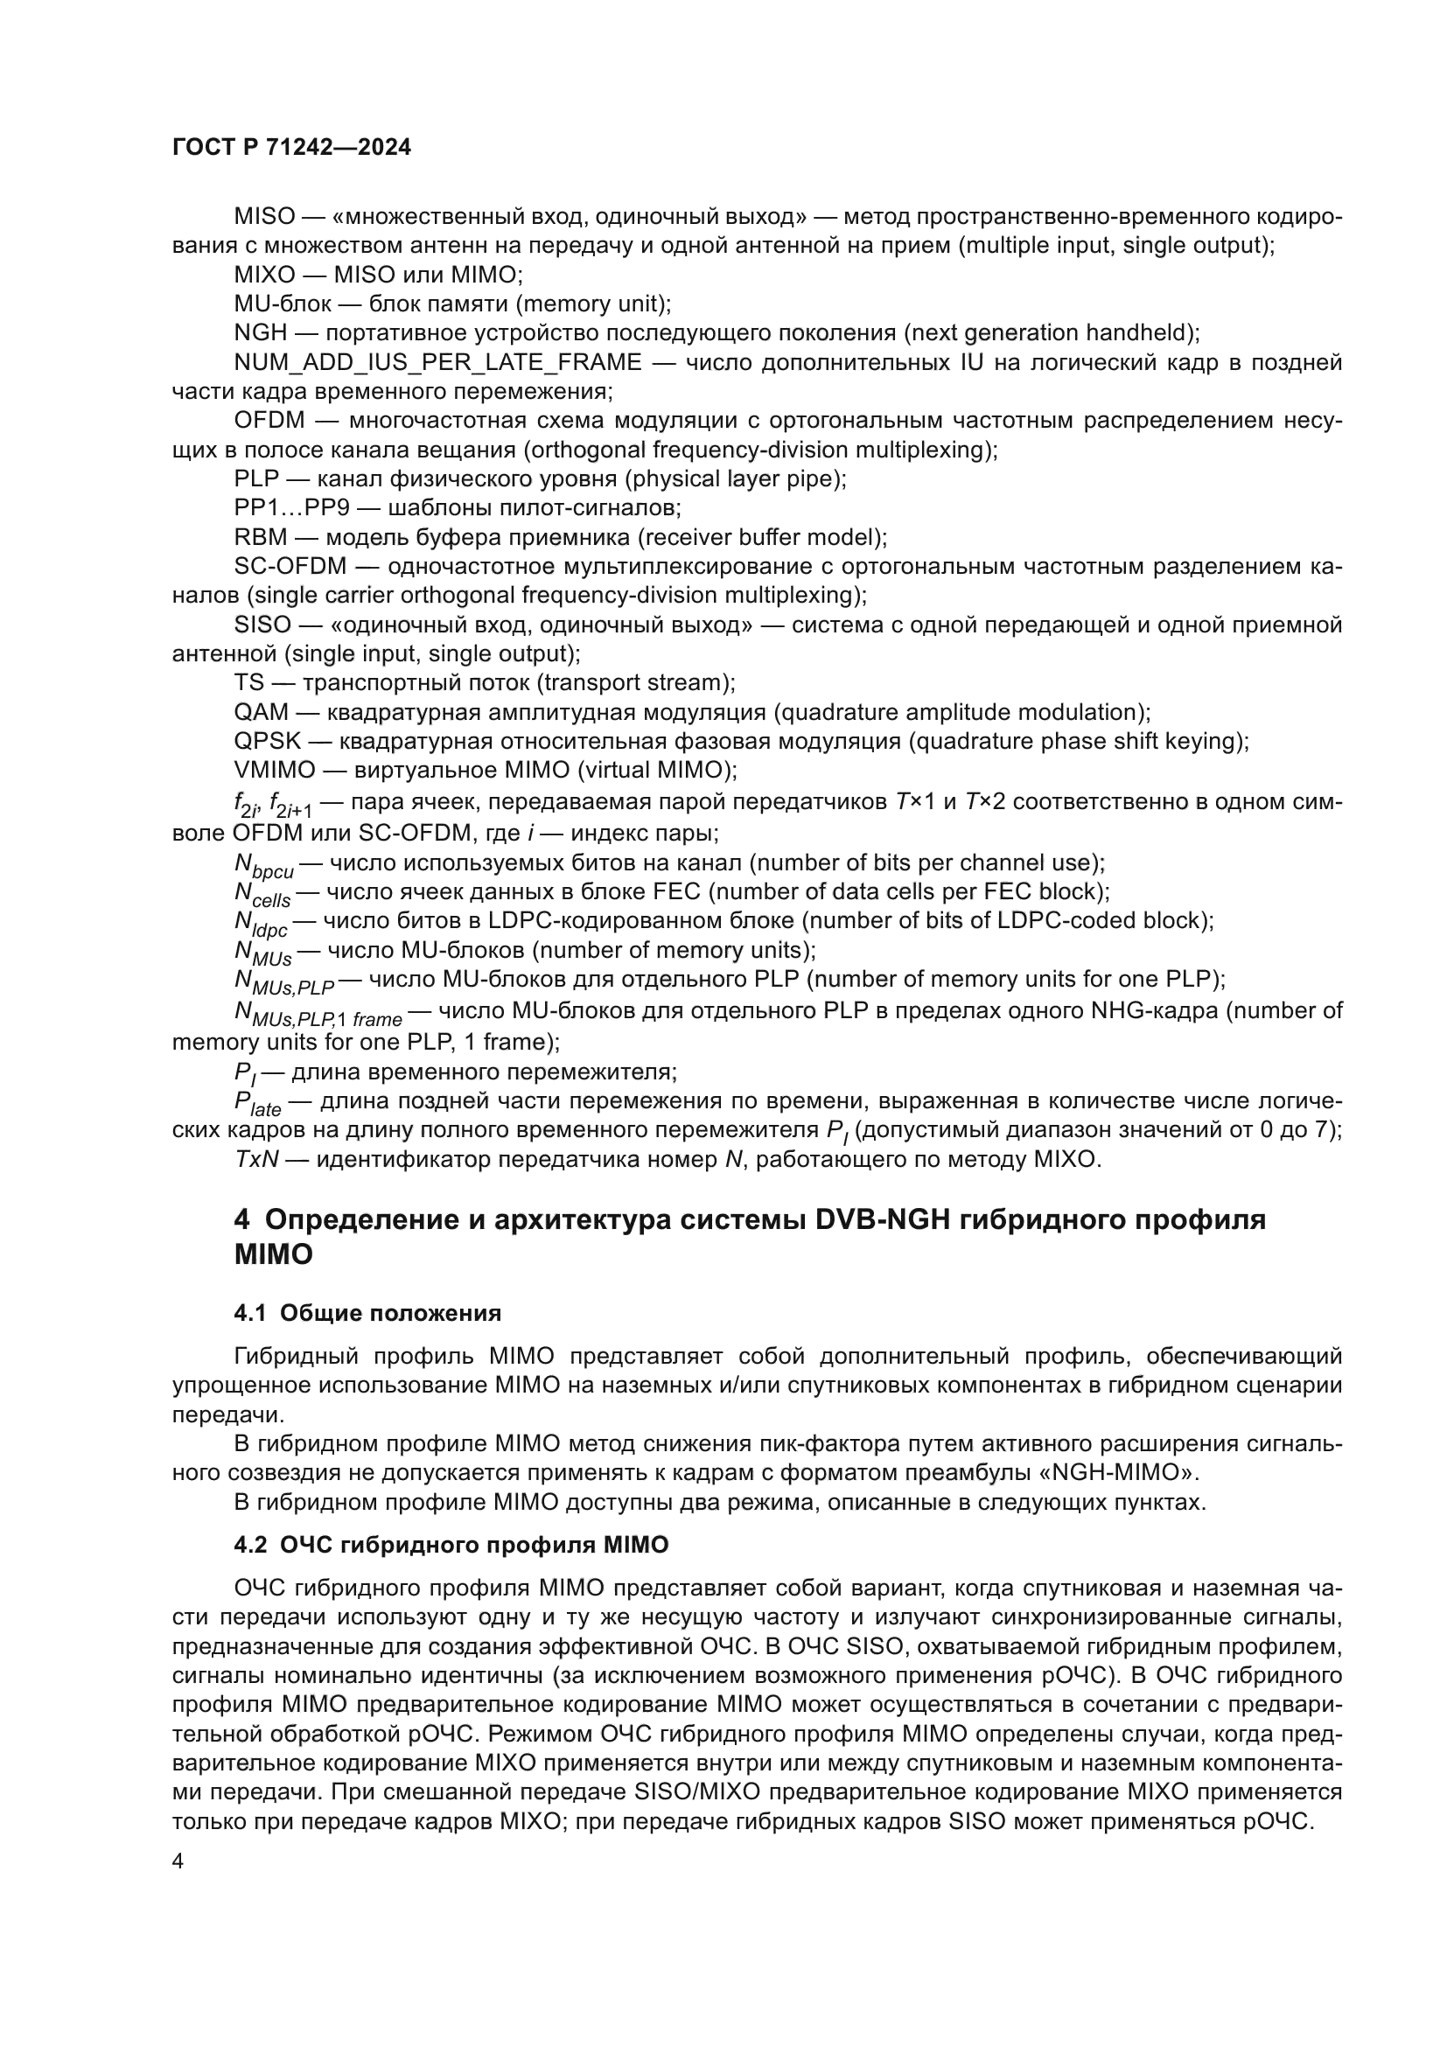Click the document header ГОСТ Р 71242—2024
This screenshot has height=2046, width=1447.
point(291,148)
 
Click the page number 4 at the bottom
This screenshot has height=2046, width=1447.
point(178,1861)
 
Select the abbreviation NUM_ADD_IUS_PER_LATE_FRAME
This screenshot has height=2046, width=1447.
point(437,362)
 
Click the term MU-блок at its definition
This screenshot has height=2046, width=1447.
point(283,304)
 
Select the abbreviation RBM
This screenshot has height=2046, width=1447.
point(260,537)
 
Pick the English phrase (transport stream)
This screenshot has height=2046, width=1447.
point(635,682)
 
